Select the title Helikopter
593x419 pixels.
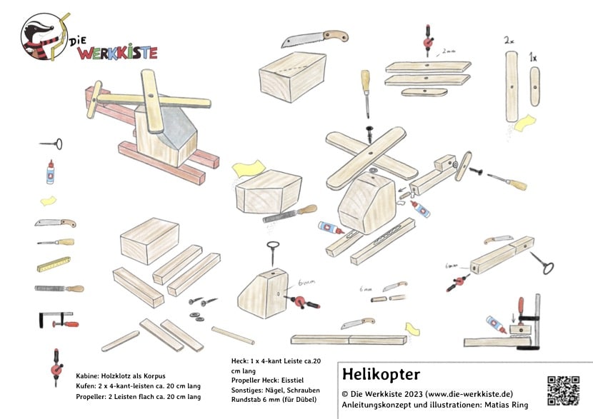click(x=381, y=375)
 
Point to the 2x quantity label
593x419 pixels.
click(x=509, y=42)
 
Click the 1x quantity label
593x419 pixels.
click(x=534, y=56)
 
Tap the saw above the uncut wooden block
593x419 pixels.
click(x=314, y=38)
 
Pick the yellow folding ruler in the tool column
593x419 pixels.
click(x=54, y=265)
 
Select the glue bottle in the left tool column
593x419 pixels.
click(x=50, y=171)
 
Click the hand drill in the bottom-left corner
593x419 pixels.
click(x=55, y=366)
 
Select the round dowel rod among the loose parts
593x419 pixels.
click(x=232, y=335)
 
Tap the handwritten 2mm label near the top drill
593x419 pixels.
click(x=448, y=51)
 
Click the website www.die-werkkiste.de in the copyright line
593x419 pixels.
click(x=469, y=393)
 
